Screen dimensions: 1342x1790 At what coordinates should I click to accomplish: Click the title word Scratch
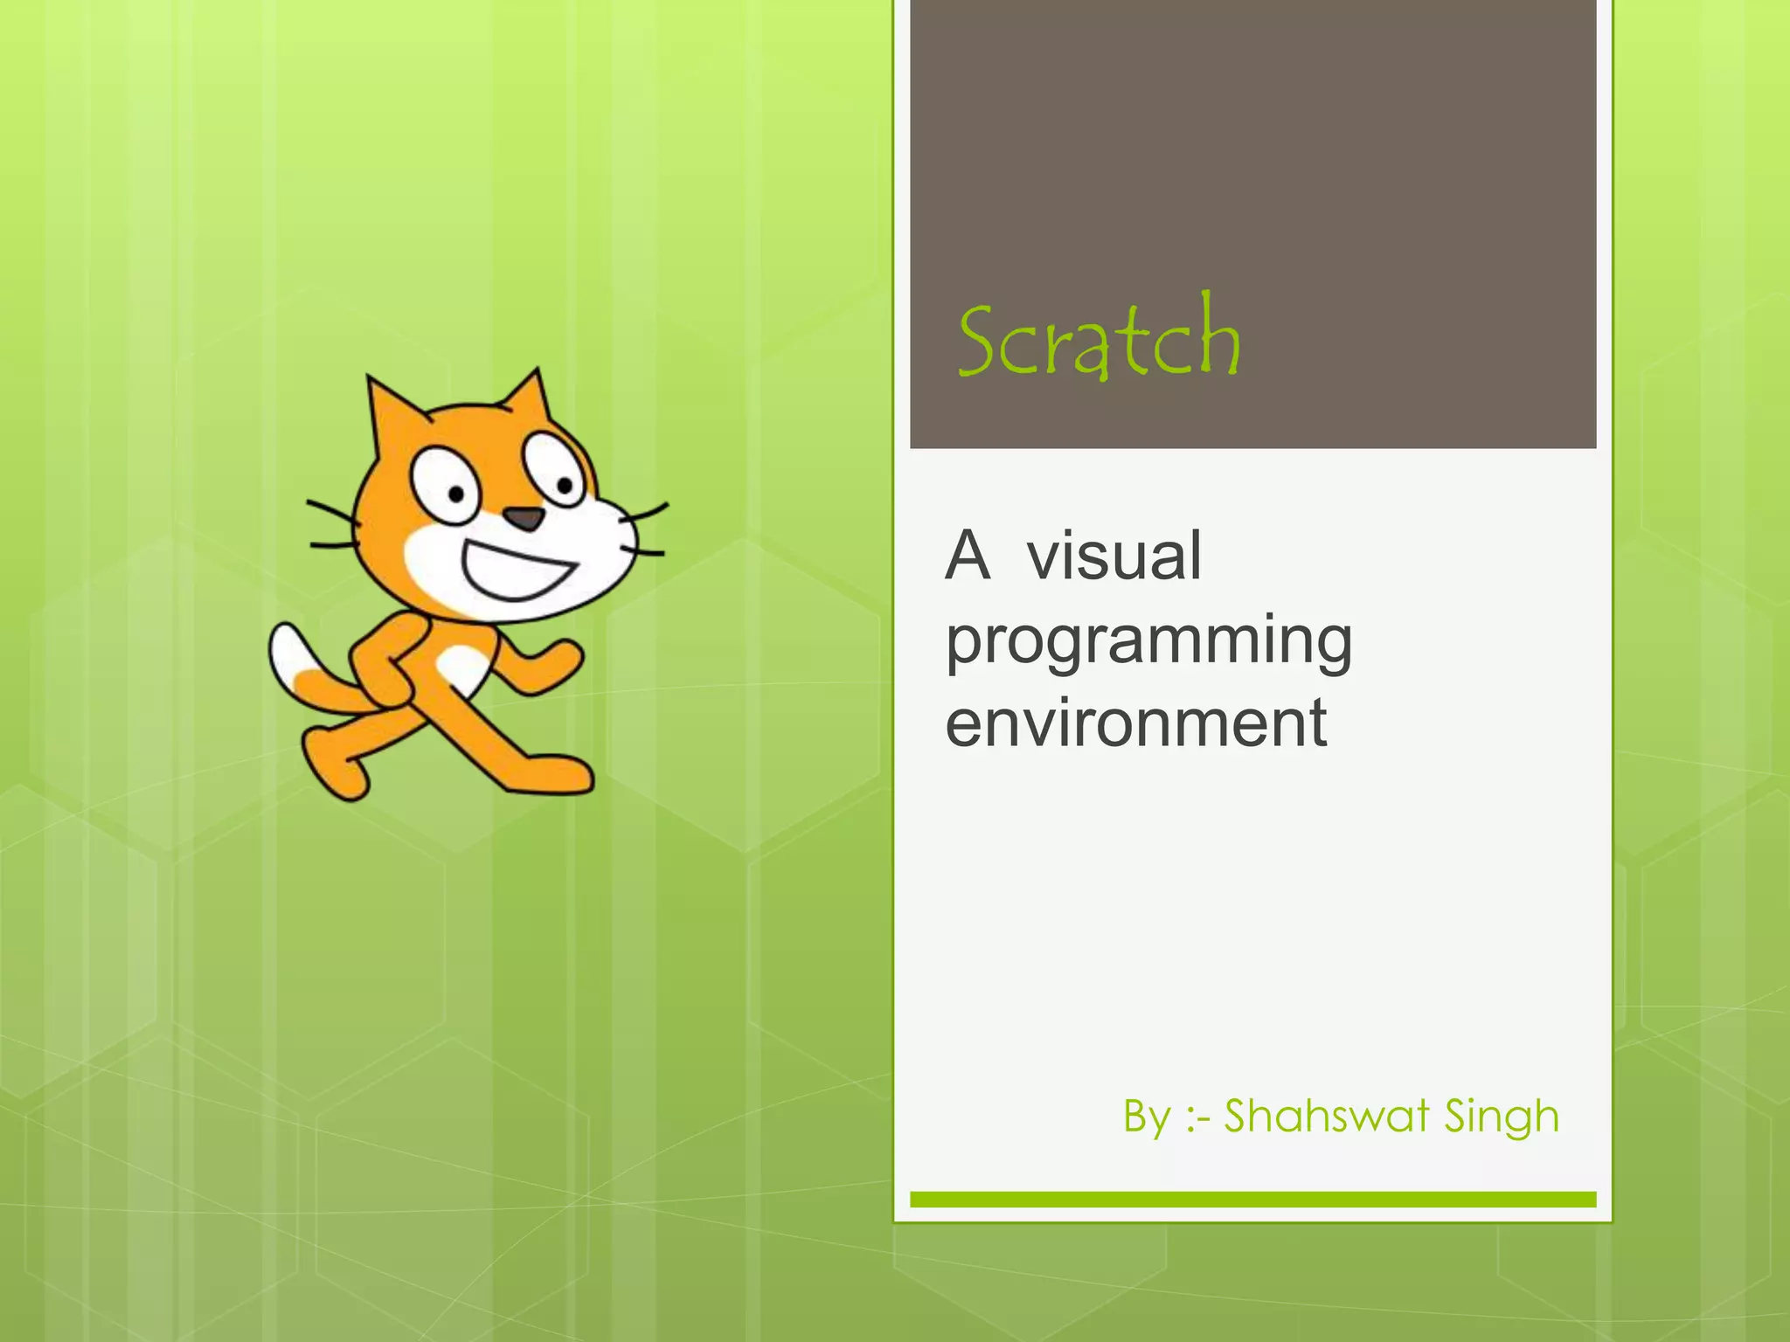[x=1099, y=340]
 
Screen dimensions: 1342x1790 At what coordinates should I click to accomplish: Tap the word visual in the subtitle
[x=1114, y=556]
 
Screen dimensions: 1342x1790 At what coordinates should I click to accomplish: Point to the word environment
[x=1135, y=723]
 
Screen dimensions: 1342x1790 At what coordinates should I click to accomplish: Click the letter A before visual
[x=968, y=556]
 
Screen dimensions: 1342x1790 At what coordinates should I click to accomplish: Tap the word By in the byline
[x=1147, y=1117]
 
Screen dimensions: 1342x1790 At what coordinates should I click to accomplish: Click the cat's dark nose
[x=524, y=518]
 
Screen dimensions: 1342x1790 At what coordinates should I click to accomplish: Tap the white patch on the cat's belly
[x=464, y=670]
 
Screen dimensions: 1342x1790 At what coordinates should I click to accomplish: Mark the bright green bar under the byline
[x=1252, y=1200]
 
